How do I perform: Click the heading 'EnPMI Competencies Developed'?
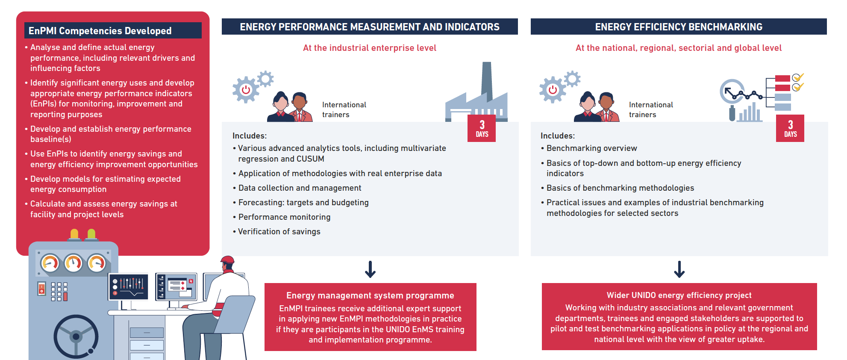100,31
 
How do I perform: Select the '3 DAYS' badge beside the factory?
482,128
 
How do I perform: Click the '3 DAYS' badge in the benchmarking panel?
790,128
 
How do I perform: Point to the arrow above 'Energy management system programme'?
370,269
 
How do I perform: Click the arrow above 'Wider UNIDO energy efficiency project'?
679,269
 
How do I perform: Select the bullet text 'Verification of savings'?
279,231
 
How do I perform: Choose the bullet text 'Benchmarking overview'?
591,148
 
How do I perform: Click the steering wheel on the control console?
76,336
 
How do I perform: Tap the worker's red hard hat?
227,260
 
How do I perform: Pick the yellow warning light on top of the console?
74,234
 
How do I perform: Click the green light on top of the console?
91,234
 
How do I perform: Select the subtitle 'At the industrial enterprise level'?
370,48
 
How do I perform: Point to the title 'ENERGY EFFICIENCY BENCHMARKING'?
679,27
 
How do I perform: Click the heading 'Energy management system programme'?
370,295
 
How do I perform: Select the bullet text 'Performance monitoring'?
284,217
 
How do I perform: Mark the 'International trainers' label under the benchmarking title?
651,109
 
